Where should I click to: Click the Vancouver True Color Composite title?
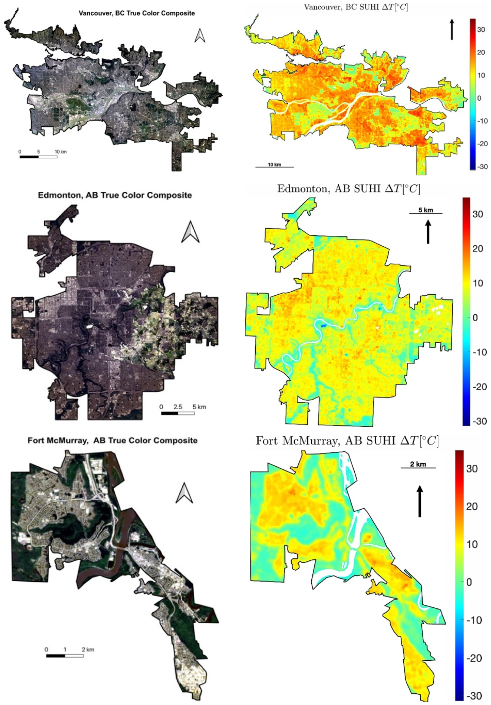136,13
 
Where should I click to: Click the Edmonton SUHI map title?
348,188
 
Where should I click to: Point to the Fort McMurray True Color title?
112,440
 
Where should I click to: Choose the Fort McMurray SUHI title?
347,441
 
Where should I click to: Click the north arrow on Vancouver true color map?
200,35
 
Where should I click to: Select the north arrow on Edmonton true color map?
190,232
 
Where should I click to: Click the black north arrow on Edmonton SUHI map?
428,232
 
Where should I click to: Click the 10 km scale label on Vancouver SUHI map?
274,164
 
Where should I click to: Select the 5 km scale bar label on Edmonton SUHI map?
426,210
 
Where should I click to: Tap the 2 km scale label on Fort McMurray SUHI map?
418,464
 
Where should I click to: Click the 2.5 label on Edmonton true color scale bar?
177,407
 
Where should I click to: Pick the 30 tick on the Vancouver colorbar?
481,30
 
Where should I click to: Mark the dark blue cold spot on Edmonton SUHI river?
323,325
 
